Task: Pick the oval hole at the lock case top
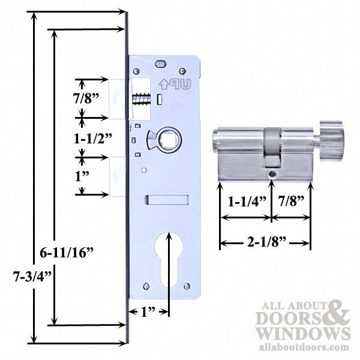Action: pyautogui.click(x=160, y=63)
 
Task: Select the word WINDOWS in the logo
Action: pyautogui.click(x=303, y=332)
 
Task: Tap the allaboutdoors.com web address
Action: pyautogui.click(x=303, y=347)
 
